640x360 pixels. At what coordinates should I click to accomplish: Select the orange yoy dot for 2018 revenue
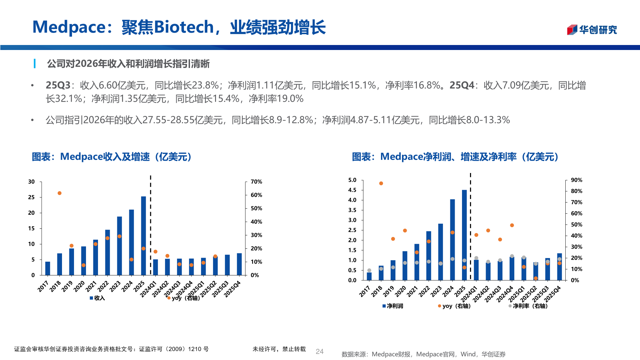[x=59, y=193]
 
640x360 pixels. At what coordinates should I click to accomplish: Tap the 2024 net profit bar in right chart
[x=452, y=240]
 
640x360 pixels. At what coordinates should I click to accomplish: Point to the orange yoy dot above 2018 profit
[x=381, y=183]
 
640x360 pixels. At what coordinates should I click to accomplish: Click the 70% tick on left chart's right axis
[x=256, y=182]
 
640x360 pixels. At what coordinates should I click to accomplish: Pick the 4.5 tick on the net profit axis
[x=352, y=190]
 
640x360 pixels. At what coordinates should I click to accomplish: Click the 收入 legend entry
[x=97, y=298]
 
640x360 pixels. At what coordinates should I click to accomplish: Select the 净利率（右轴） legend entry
[x=528, y=306]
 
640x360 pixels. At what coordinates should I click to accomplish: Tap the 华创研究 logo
[x=592, y=30]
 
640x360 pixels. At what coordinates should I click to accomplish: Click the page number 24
[x=319, y=351]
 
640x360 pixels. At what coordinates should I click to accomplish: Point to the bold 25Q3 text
[x=58, y=85]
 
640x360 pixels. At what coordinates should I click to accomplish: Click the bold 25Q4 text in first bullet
[x=462, y=85]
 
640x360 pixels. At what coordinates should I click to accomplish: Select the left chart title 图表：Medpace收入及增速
[x=112, y=157]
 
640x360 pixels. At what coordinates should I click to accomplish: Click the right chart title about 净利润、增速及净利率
[x=455, y=157]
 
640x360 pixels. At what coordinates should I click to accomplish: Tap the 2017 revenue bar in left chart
[x=48, y=268]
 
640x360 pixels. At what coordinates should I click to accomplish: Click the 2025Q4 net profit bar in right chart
[x=559, y=267]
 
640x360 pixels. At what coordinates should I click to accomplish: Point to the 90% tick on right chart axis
[x=576, y=180]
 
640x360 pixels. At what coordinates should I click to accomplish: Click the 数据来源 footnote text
[x=423, y=354]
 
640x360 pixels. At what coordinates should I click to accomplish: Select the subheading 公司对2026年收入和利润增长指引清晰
[x=128, y=64]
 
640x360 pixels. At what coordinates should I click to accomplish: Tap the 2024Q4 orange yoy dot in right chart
[x=512, y=225]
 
